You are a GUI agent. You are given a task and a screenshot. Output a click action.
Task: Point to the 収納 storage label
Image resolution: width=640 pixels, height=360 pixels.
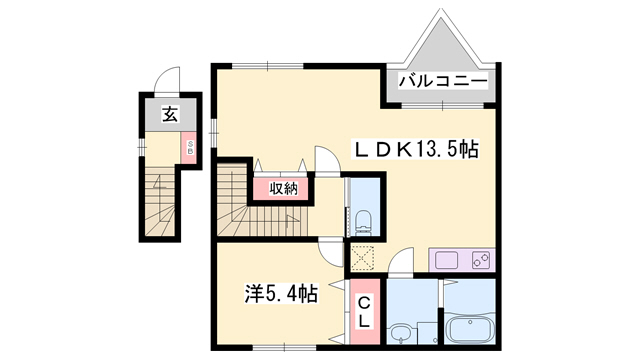coord(282,188)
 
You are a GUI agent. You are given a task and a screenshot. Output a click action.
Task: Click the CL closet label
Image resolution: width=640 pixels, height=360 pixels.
coord(365,312)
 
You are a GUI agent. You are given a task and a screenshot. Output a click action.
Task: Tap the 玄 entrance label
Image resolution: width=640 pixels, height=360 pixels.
coord(169,115)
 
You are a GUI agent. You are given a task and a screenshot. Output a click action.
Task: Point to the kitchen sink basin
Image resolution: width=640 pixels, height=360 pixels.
coord(445,261)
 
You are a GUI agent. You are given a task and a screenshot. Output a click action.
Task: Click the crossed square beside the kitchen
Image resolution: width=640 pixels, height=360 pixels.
coord(361,257)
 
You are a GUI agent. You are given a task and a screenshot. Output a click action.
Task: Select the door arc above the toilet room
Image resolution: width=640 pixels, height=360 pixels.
coord(328,160)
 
